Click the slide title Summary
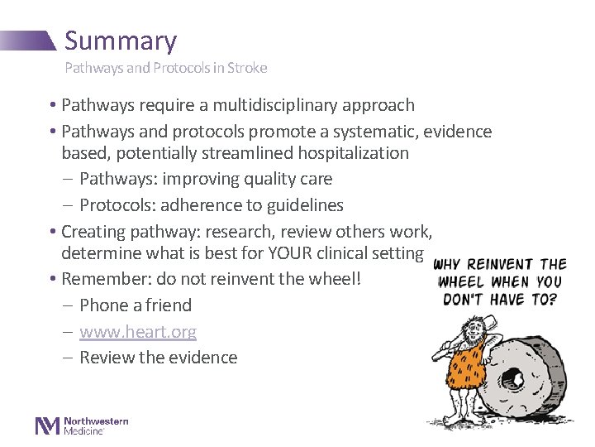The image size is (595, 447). point(121,41)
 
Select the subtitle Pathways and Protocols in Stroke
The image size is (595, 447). point(166,68)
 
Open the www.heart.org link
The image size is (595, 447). point(138,332)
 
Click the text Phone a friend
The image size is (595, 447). point(136,305)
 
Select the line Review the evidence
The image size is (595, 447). point(159,358)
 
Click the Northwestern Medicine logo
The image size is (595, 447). point(81,425)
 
